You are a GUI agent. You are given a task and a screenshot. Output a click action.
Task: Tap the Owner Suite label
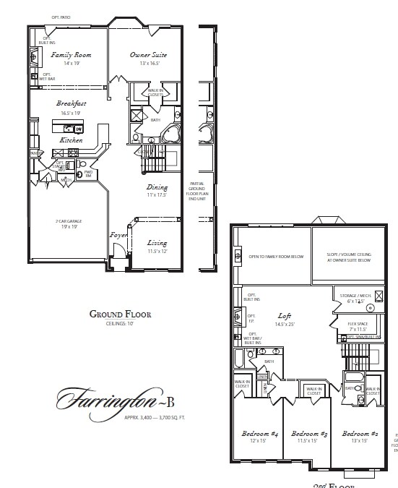pos(150,55)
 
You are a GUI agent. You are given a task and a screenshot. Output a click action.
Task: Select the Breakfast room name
pos(72,103)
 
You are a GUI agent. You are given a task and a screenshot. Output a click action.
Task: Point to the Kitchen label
pos(71,140)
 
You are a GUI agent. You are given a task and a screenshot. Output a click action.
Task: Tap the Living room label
pos(157,243)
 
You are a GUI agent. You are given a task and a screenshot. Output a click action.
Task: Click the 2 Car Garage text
pos(67,221)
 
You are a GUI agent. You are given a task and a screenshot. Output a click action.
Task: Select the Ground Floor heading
pos(120,314)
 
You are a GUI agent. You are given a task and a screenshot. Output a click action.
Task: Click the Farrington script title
pos(92,398)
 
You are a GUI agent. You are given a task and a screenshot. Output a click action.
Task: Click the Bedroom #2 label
pos(359,434)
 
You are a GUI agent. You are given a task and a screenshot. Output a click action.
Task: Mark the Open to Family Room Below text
pos(277,256)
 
